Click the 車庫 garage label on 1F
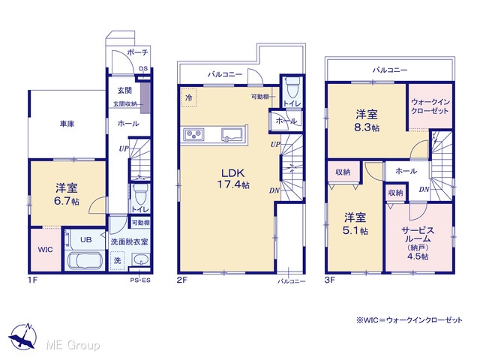pyautogui.click(x=67, y=124)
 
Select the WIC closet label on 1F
pyautogui.click(x=45, y=250)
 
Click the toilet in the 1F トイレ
pyautogui.click(x=140, y=194)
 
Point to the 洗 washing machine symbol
pyautogui.click(x=117, y=260)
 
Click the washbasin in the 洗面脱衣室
pyautogui.click(x=141, y=261)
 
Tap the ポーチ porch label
pyautogui.click(x=137, y=52)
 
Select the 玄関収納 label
pyautogui.click(x=125, y=104)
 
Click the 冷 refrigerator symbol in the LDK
pyautogui.click(x=189, y=97)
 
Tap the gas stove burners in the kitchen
pyautogui.click(x=193, y=134)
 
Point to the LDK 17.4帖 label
pyautogui.click(x=233, y=178)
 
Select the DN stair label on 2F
pyautogui.click(x=274, y=190)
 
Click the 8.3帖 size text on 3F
pyautogui.click(x=367, y=127)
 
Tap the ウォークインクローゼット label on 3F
pyautogui.click(x=430, y=106)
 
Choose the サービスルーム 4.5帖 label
pyautogui.click(x=418, y=243)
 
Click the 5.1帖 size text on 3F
pyautogui.click(x=355, y=230)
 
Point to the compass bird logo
pyautogui.click(x=23, y=336)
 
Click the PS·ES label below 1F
pyautogui.click(x=140, y=280)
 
